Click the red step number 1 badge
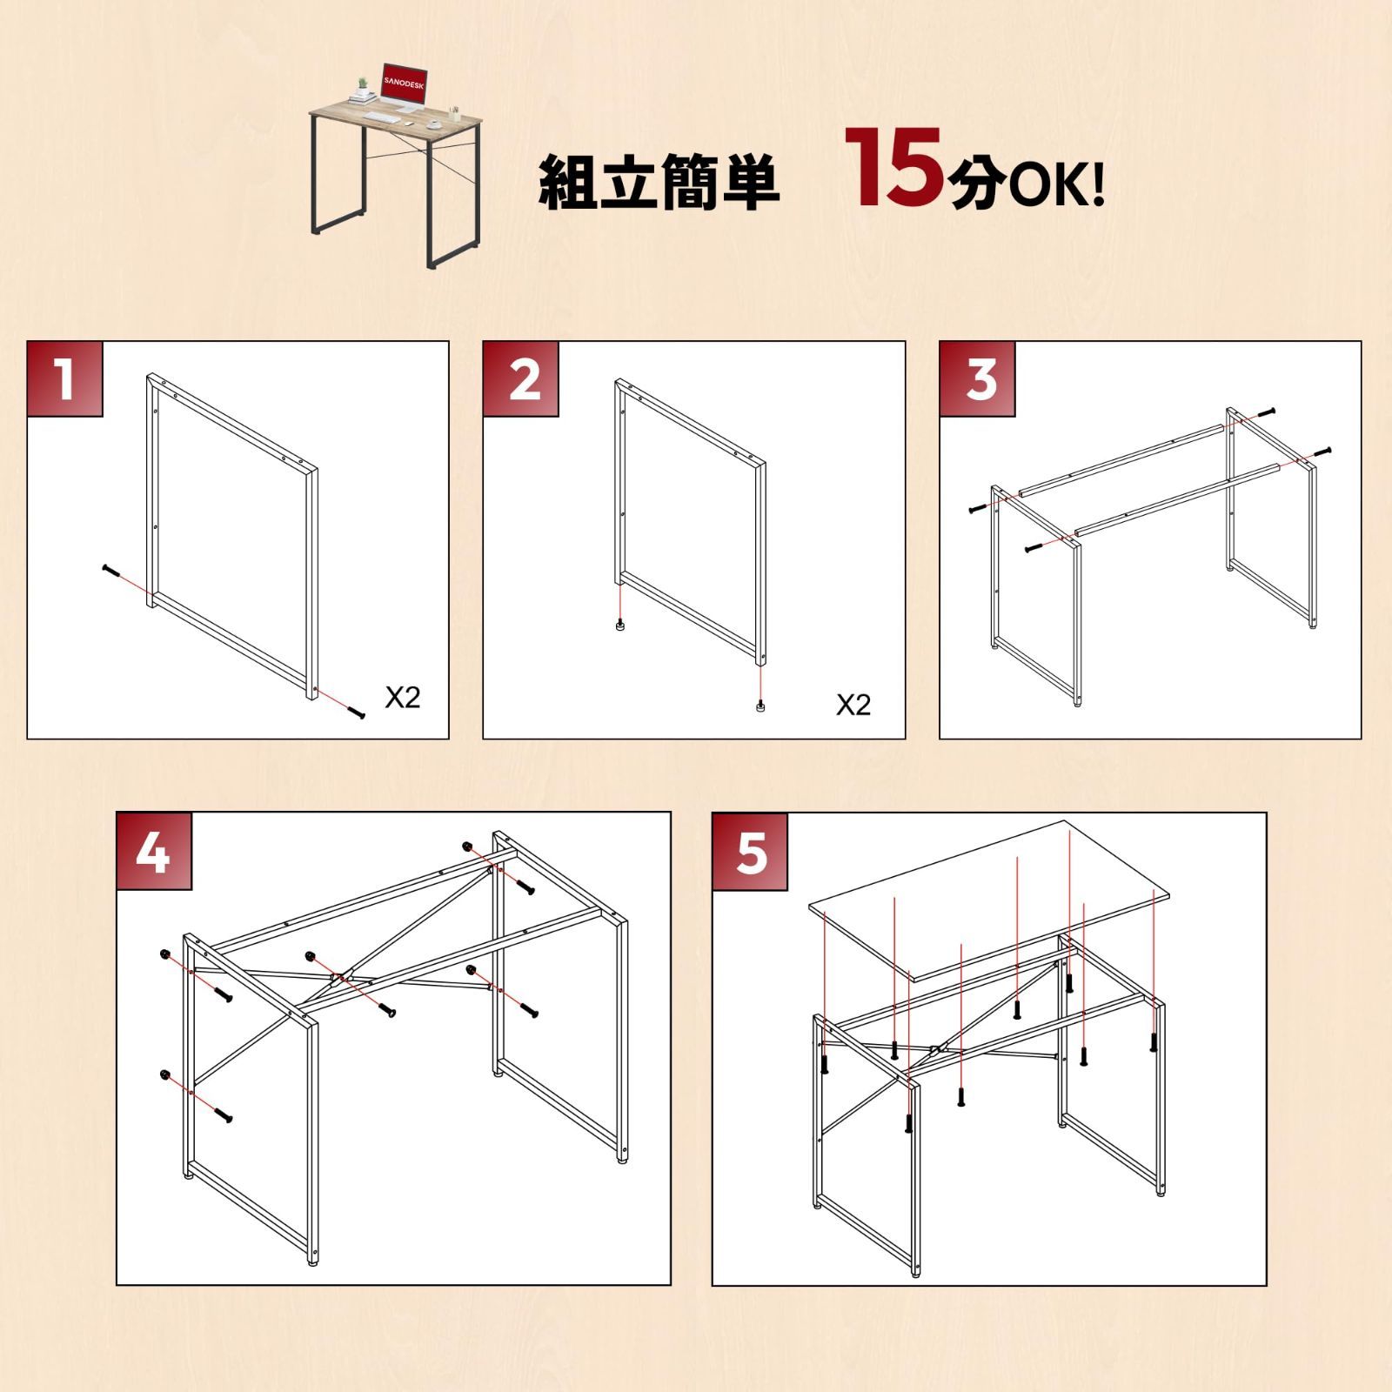click(65, 379)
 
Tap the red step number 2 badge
click(521, 379)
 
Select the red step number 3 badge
click(978, 379)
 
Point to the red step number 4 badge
click(154, 852)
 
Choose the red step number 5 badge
click(750, 852)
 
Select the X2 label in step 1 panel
click(402, 697)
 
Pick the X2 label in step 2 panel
click(853, 705)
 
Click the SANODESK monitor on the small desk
click(403, 81)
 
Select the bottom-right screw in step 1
click(355, 712)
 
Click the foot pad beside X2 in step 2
click(761, 706)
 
